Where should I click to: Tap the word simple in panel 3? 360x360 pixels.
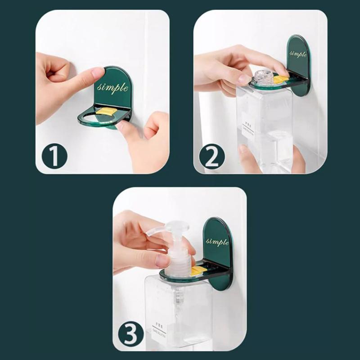[217, 242]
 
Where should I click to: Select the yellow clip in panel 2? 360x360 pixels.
[280, 79]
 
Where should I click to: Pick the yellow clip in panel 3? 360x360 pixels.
[198, 270]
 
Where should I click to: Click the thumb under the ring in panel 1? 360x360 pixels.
[124, 126]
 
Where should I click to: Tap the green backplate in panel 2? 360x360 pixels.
[299, 63]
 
